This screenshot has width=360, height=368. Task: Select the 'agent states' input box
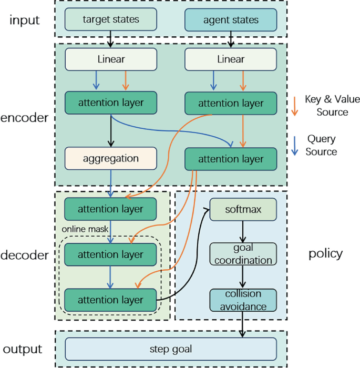pos(230,21)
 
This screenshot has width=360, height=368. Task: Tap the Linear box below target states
pos(111,59)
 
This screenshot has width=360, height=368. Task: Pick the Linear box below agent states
pos(230,59)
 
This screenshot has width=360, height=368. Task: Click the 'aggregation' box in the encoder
pos(111,158)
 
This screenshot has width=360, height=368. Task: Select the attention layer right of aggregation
pos(230,158)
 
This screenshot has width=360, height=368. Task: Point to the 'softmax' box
pos(243,209)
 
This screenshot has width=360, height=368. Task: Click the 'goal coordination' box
pos(243,254)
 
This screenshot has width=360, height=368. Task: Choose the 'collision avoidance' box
pos(243,300)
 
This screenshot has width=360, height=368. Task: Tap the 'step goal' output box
pos(171,349)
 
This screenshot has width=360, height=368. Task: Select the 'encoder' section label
pos(25,117)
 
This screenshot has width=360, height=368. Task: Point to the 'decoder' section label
pos(25,255)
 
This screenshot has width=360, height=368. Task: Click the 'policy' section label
pos(325,253)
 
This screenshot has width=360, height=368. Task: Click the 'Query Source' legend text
pos(321,145)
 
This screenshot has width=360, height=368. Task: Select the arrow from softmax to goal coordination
pos(243,231)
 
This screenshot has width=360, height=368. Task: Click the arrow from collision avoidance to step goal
pos(243,324)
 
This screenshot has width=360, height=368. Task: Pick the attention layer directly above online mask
pos(111,209)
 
